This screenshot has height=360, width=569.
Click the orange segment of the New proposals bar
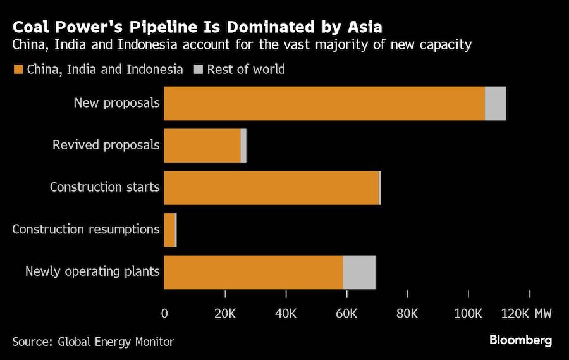coord(324,103)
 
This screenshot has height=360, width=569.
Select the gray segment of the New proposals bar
coord(495,103)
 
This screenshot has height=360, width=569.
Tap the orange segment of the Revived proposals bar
coord(202,146)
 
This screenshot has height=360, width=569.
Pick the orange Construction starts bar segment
coord(271,188)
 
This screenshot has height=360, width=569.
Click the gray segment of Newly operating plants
coord(359,272)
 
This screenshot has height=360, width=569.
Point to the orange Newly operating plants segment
coord(253,272)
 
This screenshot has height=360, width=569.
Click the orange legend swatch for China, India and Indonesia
coord(18,70)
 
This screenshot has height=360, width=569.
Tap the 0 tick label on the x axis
coord(164,313)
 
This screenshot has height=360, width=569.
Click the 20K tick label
coord(225,313)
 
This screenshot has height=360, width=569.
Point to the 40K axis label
coord(286,313)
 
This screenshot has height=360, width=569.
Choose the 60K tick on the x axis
coord(346,313)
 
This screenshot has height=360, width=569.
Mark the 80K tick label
coord(407,313)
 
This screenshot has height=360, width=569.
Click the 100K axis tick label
coord(468,313)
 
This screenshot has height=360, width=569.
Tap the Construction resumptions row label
coord(86,229)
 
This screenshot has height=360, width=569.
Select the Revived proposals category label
coord(106,145)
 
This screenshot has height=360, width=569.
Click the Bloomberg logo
coord(520,340)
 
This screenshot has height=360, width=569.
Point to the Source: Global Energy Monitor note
coord(93,342)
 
